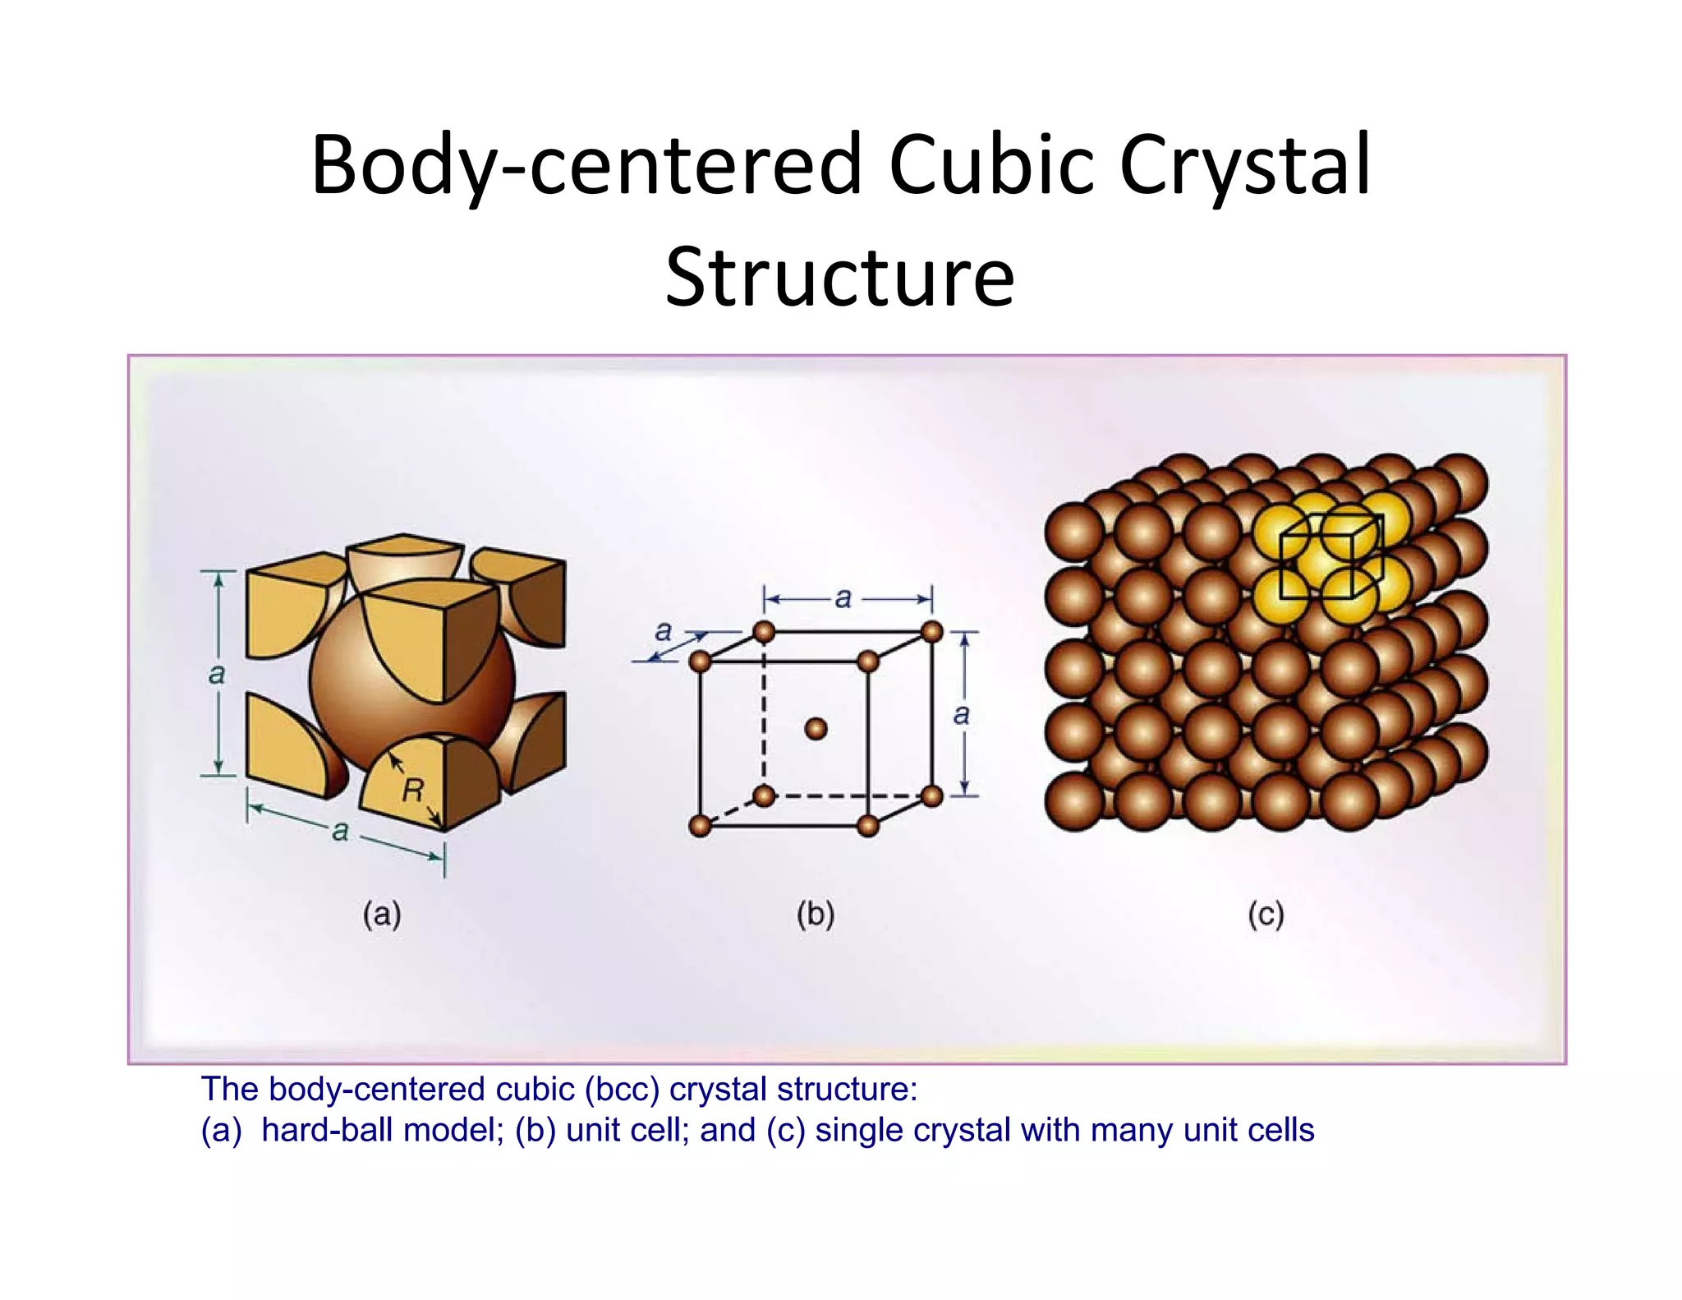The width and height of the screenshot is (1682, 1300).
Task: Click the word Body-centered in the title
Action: [x=586, y=166]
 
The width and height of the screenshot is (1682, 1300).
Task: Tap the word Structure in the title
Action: [x=839, y=277]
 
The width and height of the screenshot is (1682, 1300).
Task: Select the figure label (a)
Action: [x=382, y=915]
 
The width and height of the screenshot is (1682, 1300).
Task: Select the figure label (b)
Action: [x=816, y=915]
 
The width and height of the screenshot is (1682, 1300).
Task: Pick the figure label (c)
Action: [x=1266, y=915]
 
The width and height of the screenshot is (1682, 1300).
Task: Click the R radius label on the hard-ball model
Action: [x=412, y=791]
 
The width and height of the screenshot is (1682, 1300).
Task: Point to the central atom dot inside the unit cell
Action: [x=816, y=728]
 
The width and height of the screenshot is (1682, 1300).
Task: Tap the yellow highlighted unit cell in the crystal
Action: [x=1330, y=555]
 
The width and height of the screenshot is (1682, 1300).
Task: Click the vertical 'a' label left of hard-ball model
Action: [x=216, y=675]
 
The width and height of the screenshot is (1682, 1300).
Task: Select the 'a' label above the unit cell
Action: [x=843, y=598]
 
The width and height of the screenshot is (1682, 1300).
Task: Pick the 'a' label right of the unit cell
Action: [x=962, y=714]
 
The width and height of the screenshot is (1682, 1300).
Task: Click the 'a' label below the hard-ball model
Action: [x=340, y=832]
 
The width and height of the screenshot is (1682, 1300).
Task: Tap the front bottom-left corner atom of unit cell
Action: [x=700, y=826]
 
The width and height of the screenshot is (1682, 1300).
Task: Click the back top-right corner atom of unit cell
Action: [x=932, y=632]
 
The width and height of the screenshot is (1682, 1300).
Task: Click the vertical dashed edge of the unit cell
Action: [x=764, y=715]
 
